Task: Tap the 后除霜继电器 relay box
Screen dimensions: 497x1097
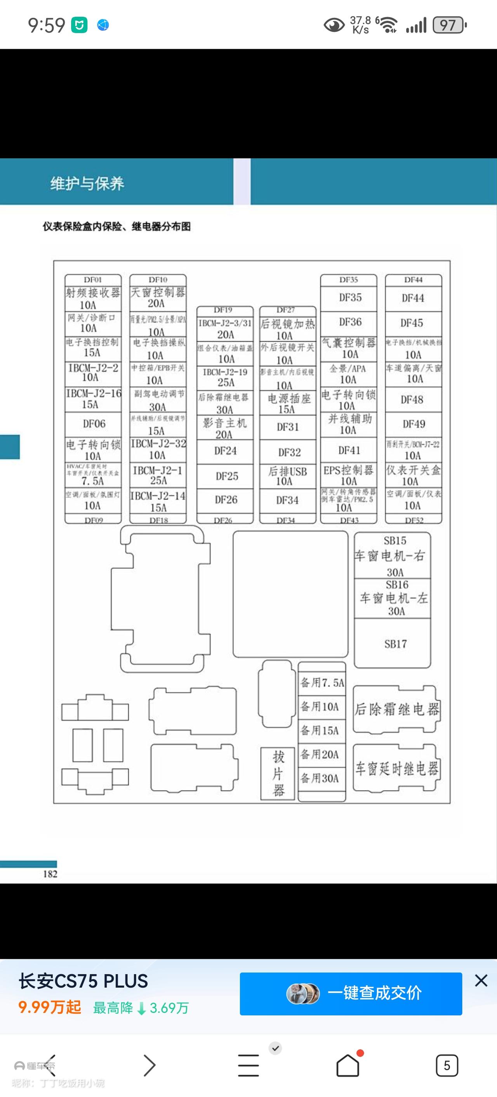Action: pos(396,709)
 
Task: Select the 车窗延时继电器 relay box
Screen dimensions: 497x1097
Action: pos(396,768)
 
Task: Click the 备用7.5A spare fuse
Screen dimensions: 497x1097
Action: pos(322,682)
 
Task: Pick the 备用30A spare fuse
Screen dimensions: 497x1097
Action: pos(322,778)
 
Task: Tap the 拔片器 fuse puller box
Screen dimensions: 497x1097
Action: pos(278,773)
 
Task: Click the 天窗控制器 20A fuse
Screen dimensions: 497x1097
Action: pos(158,297)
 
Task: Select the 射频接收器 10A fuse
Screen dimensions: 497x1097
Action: pos(93,298)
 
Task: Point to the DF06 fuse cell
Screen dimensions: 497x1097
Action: pos(93,424)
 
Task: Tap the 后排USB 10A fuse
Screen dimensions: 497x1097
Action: pos(287,476)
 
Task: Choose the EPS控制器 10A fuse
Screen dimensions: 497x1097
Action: pos(349,475)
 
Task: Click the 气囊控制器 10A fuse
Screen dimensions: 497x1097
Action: pos(349,348)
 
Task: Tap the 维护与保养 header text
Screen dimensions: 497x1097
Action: pos(87,183)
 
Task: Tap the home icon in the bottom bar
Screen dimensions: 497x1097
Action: pos(348,1065)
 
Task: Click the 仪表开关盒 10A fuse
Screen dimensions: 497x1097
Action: pos(413,475)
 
